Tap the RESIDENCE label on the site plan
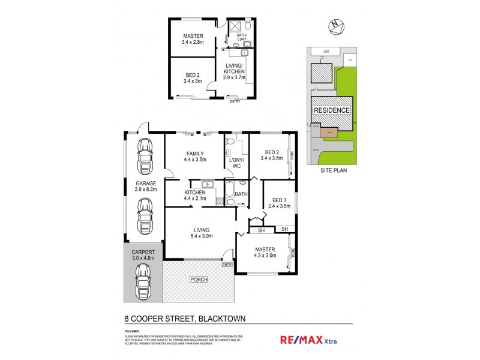[x=331, y=110]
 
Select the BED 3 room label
[x=280, y=203]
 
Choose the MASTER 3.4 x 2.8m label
[x=193, y=39]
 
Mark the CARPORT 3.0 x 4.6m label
[x=143, y=255]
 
